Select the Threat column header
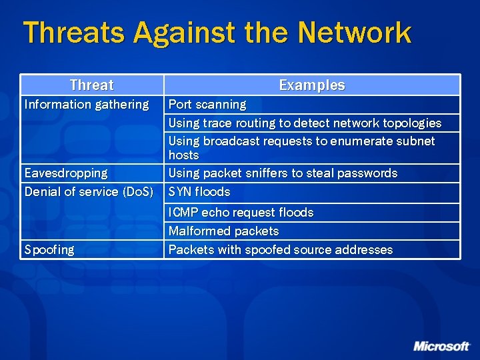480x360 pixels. (x=91, y=85)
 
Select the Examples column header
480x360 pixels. (x=311, y=85)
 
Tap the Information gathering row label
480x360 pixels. (x=87, y=105)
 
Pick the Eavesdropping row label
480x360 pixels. (x=66, y=173)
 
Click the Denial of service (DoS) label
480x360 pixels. (x=89, y=192)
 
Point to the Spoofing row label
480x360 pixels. (x=49, y=250)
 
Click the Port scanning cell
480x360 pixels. (x=207, y=105)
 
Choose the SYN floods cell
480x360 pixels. (x=199, y=192)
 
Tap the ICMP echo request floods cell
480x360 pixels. (x=241, y=213)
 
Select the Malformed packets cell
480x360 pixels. (x=223, y=231)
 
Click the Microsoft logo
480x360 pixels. (x=441, y=346)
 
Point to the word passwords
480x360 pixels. (x=366, y=173)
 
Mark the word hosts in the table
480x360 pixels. (x=183, y=155)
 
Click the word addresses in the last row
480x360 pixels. (x=365, y=250)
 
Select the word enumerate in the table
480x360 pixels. (x=358, y=141)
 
